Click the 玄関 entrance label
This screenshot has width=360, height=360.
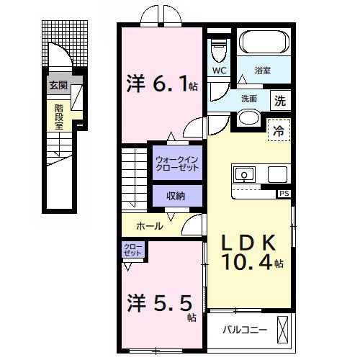pos(57,86)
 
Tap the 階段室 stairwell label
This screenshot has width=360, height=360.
pos(58,114)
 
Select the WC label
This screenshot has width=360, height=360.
pos(219,71)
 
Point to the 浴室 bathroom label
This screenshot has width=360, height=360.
pos(263,71)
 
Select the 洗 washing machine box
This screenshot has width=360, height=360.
pos(280,101)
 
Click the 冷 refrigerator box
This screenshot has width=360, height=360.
pos(278,131)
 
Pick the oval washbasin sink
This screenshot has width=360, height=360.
pos(248,118)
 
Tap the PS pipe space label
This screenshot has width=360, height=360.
pos(284,194)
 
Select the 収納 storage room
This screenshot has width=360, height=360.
pos(176,195)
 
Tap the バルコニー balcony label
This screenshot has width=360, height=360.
pos(244,330)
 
